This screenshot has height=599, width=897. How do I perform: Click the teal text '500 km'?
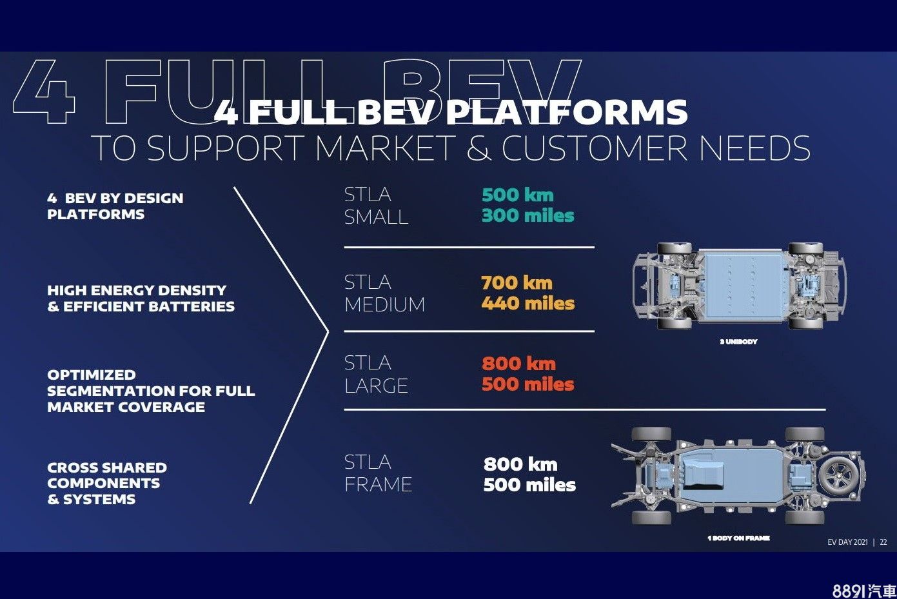pos(517,195)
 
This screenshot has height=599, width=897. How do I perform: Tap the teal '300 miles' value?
pos(527,216)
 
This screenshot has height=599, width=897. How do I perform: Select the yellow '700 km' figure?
pos(517,282)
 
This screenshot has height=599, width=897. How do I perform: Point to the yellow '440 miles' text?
pos(527,304)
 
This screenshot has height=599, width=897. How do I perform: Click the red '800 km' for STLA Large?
pos(518,364)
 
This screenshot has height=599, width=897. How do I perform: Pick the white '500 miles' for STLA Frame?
pos(529,485)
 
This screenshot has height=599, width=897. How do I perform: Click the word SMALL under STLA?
pos(376,217)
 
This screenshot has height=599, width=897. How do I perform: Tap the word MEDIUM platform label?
pos(384,305)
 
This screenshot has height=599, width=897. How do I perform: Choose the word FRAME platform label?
pos(378,484)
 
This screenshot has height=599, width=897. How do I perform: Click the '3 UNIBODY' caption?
pos(738,342)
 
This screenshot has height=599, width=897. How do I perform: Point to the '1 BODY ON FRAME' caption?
pos(738,538)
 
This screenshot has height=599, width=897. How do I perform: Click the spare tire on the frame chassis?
pos(839,476)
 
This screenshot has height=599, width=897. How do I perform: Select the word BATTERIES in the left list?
pos(192,306)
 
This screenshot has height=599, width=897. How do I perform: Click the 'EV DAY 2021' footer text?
pos(847,542)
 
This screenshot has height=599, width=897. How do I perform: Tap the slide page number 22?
pos(883,542)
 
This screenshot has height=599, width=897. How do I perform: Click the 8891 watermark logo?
pos(864,590)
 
